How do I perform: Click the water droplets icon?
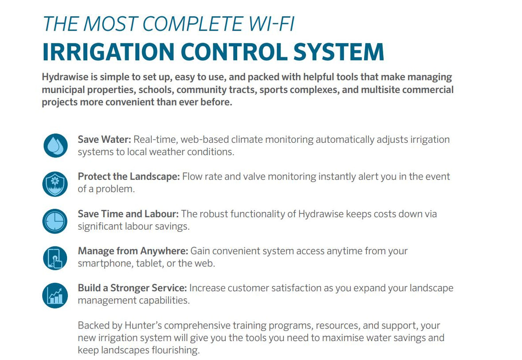pos(55,146)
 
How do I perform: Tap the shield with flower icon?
pos(55,183)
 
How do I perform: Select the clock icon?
pos(55,220)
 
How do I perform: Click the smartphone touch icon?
pos(55,258)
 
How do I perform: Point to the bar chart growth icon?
pos(55,295)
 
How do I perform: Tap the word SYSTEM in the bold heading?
pos(340,52)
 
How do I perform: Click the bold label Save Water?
pos(104,140)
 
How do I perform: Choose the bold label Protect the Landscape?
pos(129,177)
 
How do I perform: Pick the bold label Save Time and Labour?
pos(128,214)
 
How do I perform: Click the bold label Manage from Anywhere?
pos(133,251)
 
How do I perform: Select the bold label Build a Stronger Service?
pos(132,288)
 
